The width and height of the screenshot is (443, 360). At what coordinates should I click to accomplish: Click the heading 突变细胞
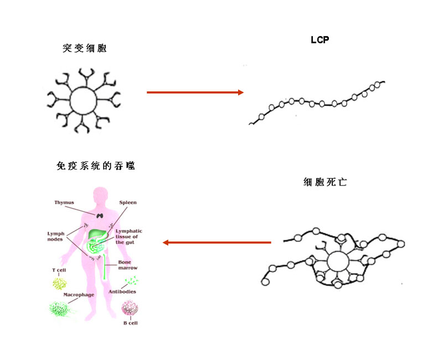[x=84, y=48]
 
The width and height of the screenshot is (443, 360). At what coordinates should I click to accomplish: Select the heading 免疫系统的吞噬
[x=95, y=166]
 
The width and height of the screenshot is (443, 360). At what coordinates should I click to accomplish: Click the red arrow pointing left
[x=217, y=242]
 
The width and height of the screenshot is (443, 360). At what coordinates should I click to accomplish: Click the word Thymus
[x=64, y=203]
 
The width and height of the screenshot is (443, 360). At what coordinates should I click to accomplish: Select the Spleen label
[x=128, y=203]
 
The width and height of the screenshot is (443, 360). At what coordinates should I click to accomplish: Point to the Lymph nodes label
[x=57, y=237]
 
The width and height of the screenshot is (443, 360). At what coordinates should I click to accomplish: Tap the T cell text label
[x=59, y=270]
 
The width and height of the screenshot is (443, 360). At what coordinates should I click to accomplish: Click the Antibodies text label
[x=123, y=291]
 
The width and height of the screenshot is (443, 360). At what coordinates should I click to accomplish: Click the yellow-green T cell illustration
[x=59, y=284]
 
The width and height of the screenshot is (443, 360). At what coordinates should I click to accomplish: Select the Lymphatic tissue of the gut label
[x=129, y=236]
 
